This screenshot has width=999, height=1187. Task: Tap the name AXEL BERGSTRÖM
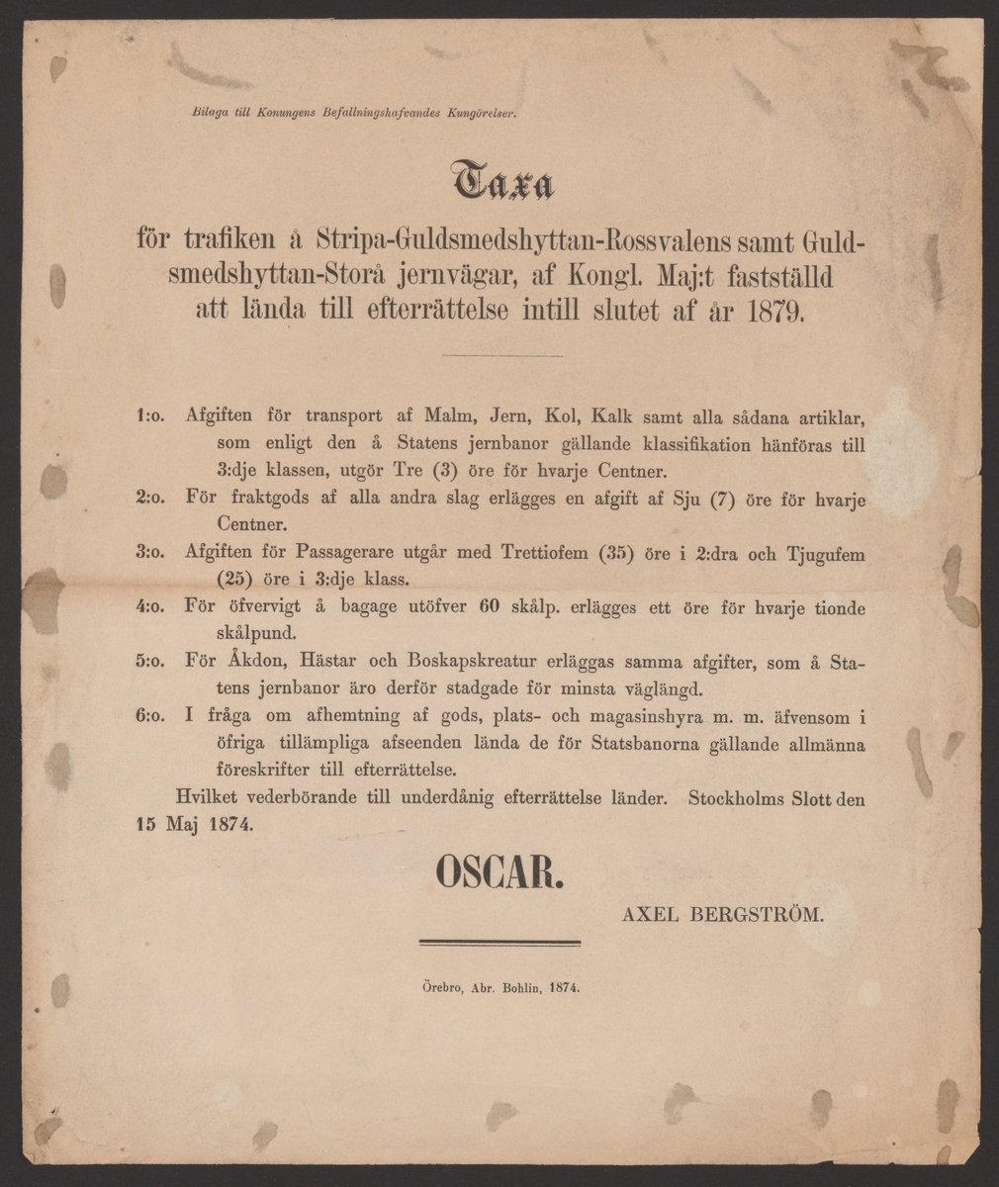722,917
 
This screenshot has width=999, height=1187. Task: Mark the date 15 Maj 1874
194,823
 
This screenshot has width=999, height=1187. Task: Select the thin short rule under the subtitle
501,355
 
